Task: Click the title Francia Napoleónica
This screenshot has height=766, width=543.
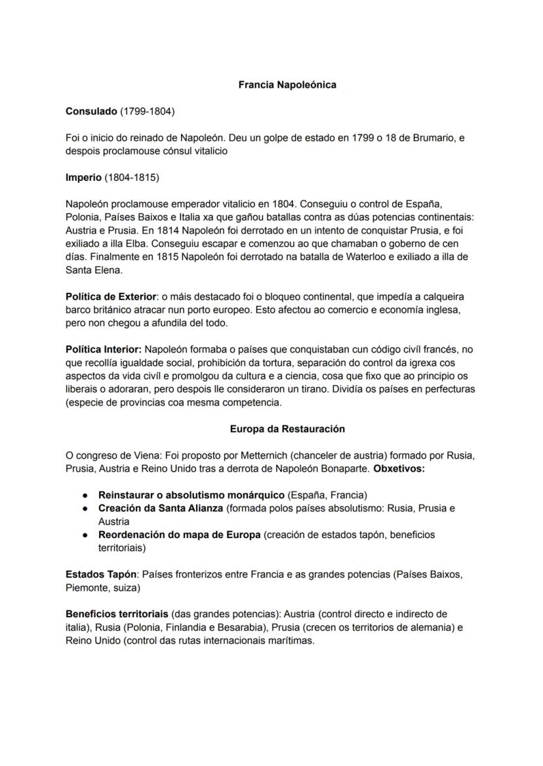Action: pyautogui.click(x=287, y=85)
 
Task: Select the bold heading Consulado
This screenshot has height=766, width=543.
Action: pyautogui.click(x=91, y=112)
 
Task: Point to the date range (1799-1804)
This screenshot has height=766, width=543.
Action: pyautogui.click(x=147, y=112)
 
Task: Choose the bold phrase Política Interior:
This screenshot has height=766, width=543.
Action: pyautogui.click(x=104, y=350)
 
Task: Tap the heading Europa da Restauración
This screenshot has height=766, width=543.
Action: pyautogui.click(x=287, y=429)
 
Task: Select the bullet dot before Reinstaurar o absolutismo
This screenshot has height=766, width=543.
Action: pyautogui.click(x=86, y=495)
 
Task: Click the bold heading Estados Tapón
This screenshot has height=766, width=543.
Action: pyautogui.click(x=101, y=575)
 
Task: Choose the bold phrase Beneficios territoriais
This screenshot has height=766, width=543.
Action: pyautogui.click(x=117, y=615)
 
